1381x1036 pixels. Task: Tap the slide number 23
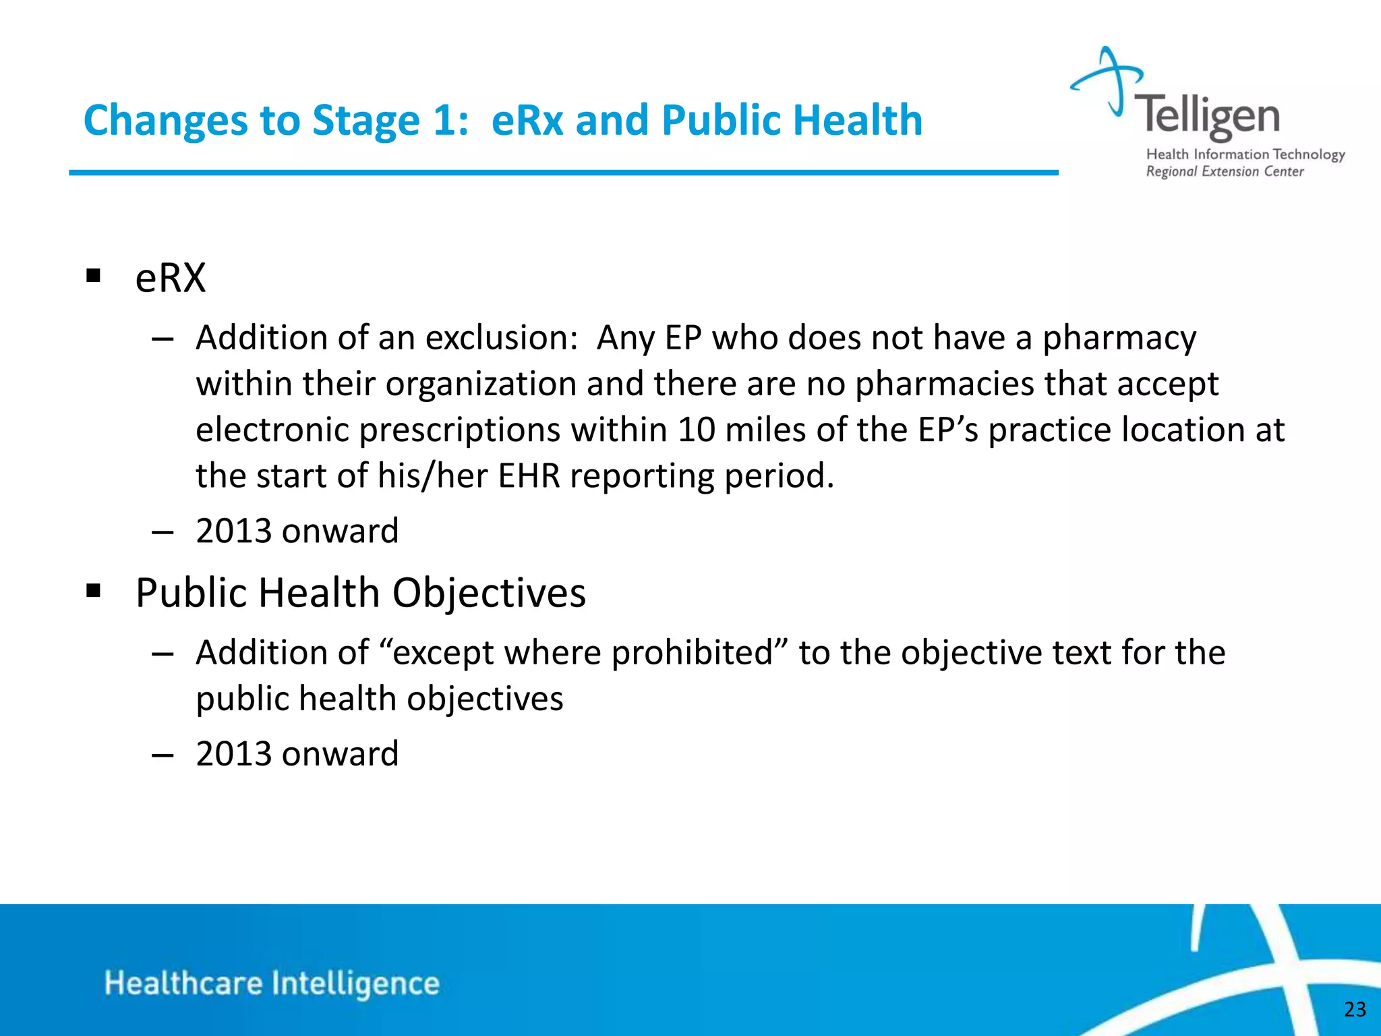[x=1355, y=1009]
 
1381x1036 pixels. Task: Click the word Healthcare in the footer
[x=183, y=983]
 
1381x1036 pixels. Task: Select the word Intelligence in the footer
[x=355, y=984]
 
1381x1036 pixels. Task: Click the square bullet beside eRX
[x=93, y=276]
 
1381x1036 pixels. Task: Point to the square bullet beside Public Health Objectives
[x=93, y=592]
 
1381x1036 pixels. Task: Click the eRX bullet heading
[x=170, y=277]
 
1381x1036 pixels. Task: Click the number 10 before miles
[x=696, y=430]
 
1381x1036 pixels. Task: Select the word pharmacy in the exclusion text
[x=1119, y=338]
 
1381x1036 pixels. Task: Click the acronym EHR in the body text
[x=529, y=476]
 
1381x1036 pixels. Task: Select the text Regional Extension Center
[x=1225, y=172]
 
